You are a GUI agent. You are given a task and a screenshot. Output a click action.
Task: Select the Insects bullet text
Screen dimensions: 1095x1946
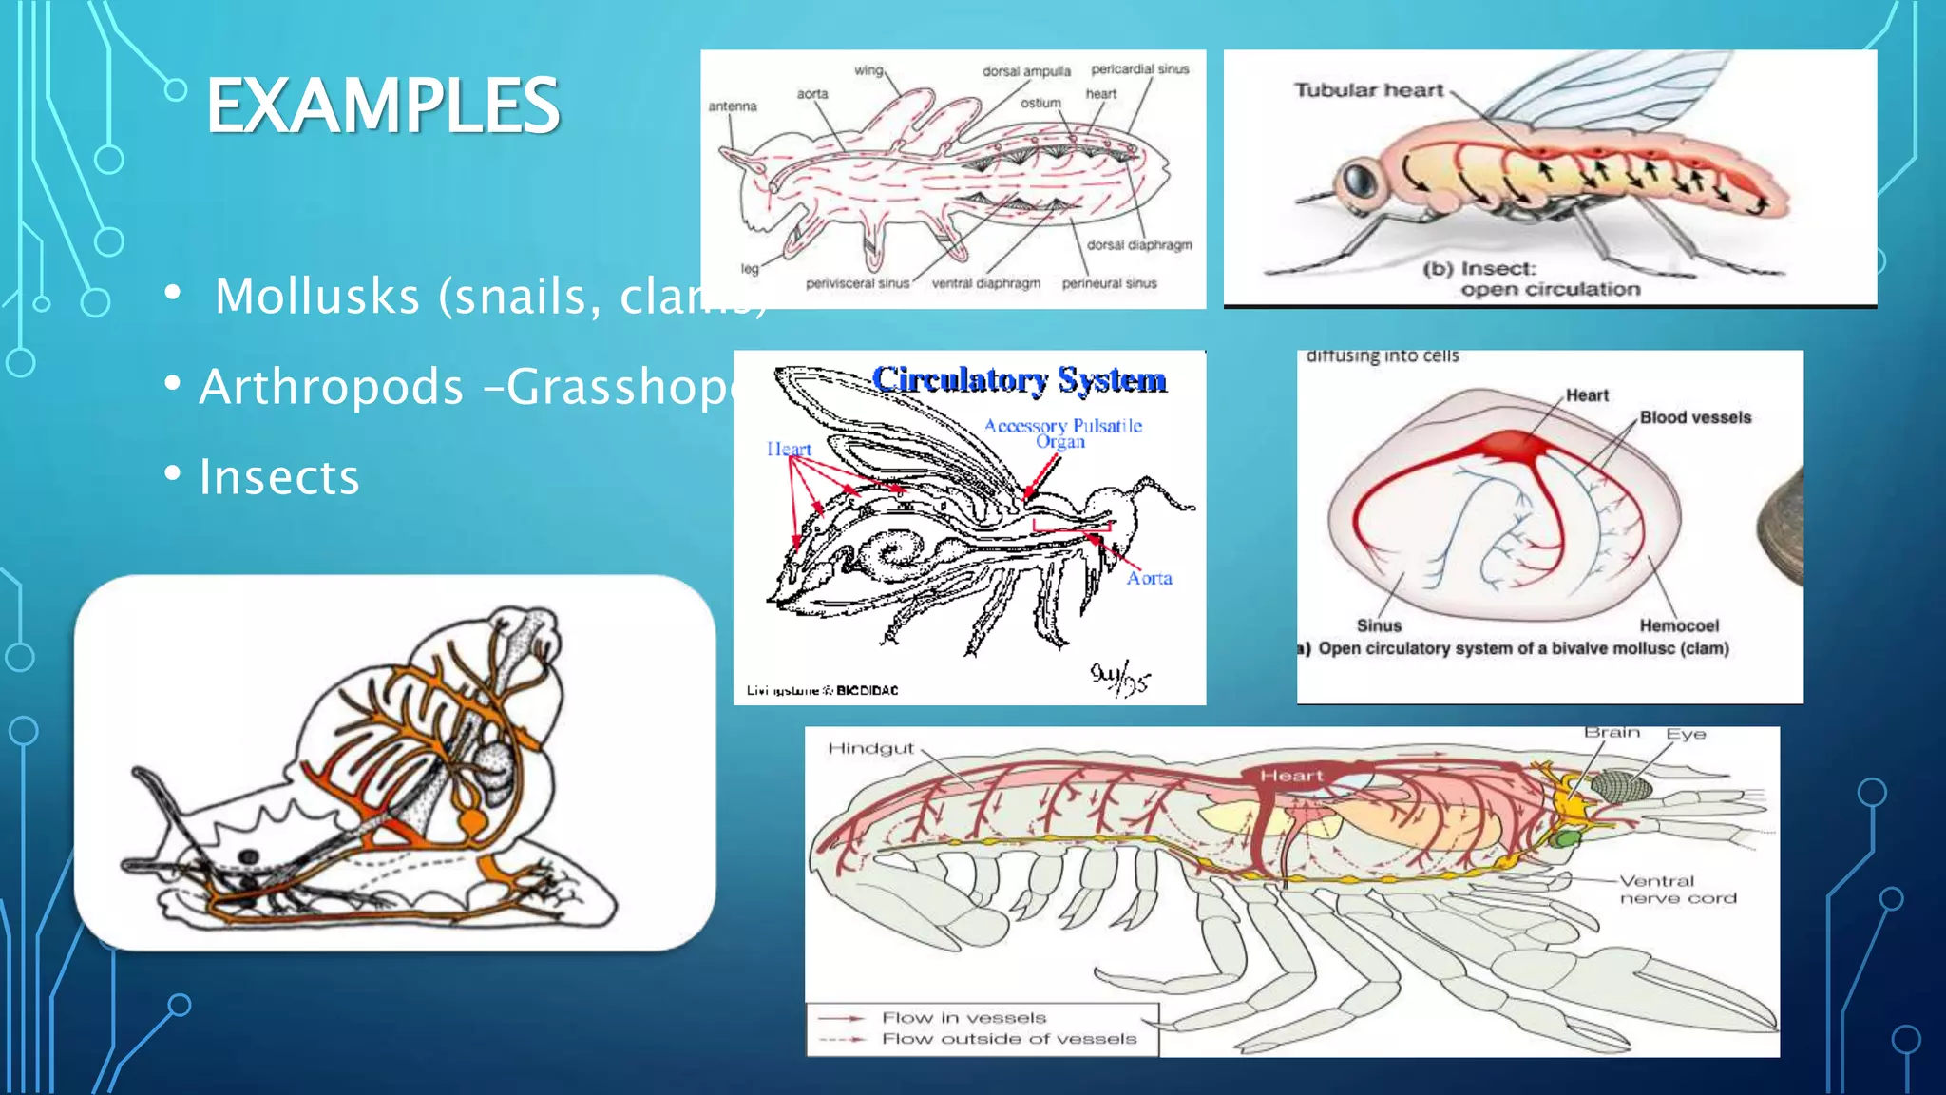point(279,476)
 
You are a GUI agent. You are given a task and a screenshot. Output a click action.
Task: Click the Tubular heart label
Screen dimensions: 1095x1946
point(1368,90)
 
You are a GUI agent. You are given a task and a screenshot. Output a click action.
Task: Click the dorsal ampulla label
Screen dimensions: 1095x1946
point(1026,71)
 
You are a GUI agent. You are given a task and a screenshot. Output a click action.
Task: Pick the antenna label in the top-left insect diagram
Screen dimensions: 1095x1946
point(733,106)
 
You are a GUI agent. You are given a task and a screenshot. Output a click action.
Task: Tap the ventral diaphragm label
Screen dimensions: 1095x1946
point(986,283)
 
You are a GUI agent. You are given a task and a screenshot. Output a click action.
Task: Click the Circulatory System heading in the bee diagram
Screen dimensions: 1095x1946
point(1019,379)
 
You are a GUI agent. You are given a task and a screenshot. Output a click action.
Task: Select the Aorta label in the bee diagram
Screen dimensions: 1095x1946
point(1149,578)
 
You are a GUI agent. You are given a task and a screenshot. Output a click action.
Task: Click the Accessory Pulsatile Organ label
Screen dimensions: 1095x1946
point(1062,433)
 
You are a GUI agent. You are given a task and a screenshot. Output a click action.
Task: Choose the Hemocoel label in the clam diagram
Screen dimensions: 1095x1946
point(1679,625)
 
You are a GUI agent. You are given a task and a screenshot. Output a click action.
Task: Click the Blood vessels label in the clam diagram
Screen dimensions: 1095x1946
point(1695,417)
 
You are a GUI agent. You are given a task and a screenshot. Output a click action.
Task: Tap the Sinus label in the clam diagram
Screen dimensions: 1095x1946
point(1379,625)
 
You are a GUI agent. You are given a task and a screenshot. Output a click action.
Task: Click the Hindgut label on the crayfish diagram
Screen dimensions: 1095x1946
point(870,749)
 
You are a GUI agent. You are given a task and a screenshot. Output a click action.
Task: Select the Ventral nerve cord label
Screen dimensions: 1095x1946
point(1677,890)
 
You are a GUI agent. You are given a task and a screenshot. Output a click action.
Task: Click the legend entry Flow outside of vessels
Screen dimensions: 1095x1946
point(1008,1039)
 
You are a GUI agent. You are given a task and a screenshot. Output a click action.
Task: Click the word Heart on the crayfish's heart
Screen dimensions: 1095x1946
point(1291,776)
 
